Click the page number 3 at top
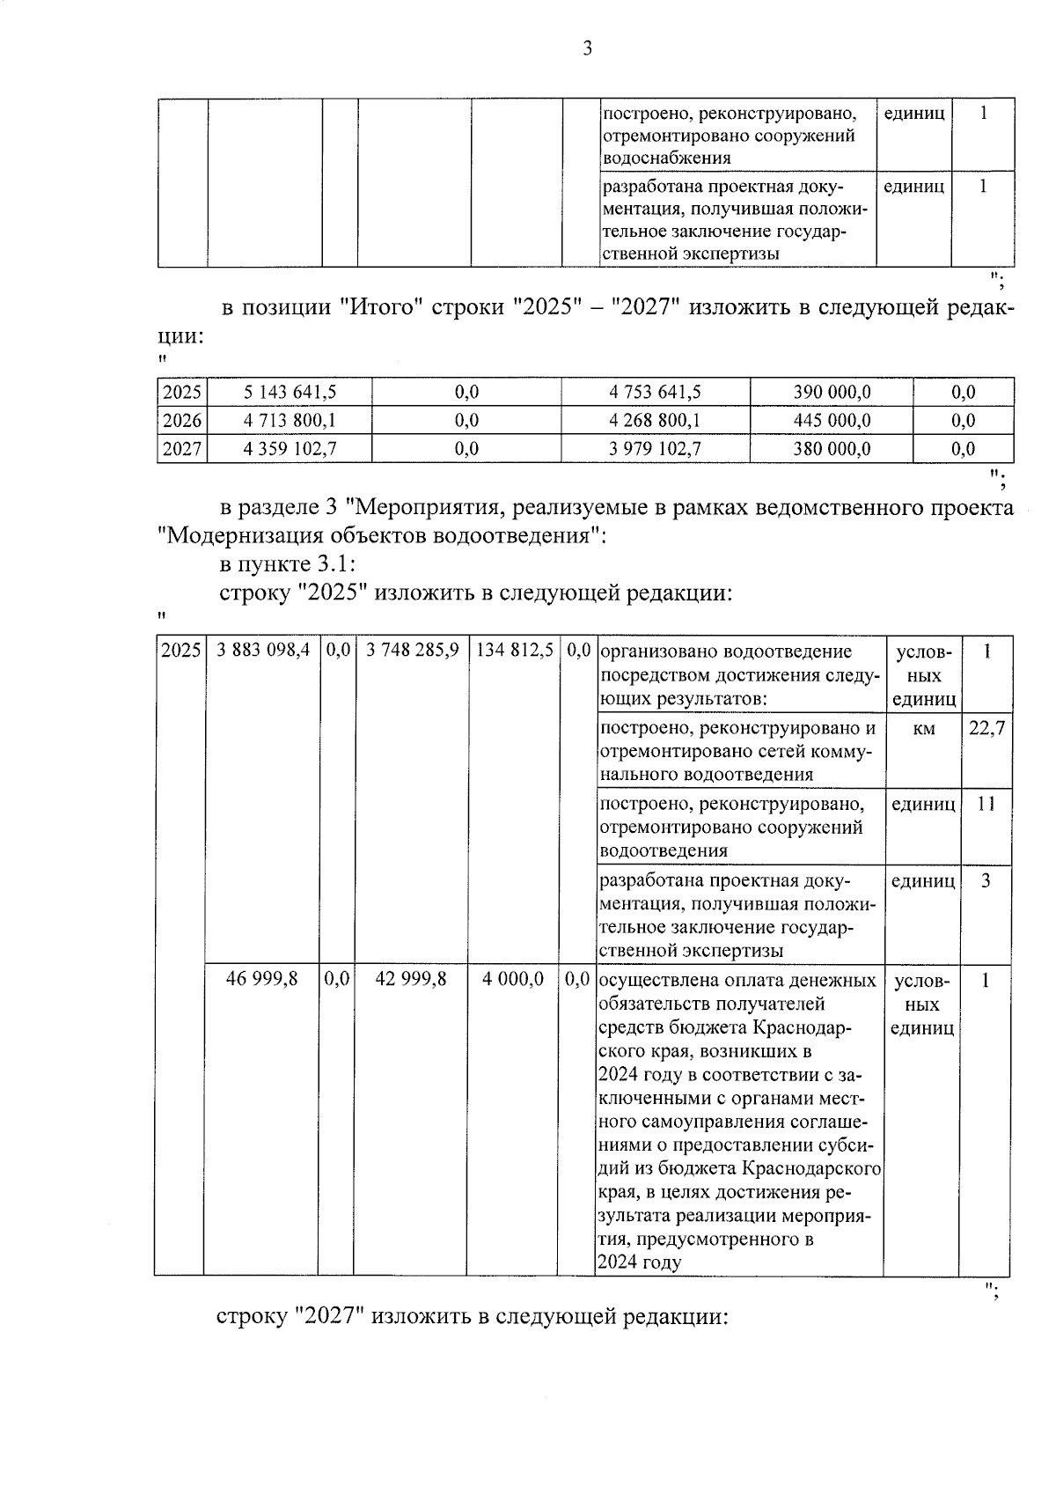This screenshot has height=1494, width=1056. pyautogui.click(x=587, y=48)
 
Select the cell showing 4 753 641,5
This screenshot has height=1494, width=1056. pyautogui.click(x=655, y=392)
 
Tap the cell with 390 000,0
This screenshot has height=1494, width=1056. pyautogui.click(x=832, y=392)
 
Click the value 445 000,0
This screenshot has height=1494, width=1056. pyautogui.click(x=832, y=420)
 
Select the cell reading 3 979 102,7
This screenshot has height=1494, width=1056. pyautogui.click(x=655, y=449)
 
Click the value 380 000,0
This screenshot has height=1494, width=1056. pyautogui.click(x=832, y=449)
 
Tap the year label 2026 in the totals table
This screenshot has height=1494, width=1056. pyautogui.click(x=182, y=420)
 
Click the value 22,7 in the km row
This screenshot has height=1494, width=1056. pyautogui.click(x=986, y=728)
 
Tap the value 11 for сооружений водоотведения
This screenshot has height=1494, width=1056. pyautogui.click(x=986, y=804)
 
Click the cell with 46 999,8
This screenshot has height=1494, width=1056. pyautogui.click(x=262, y=979)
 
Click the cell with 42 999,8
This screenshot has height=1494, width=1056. pyautogui.click(x=411, y=979)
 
